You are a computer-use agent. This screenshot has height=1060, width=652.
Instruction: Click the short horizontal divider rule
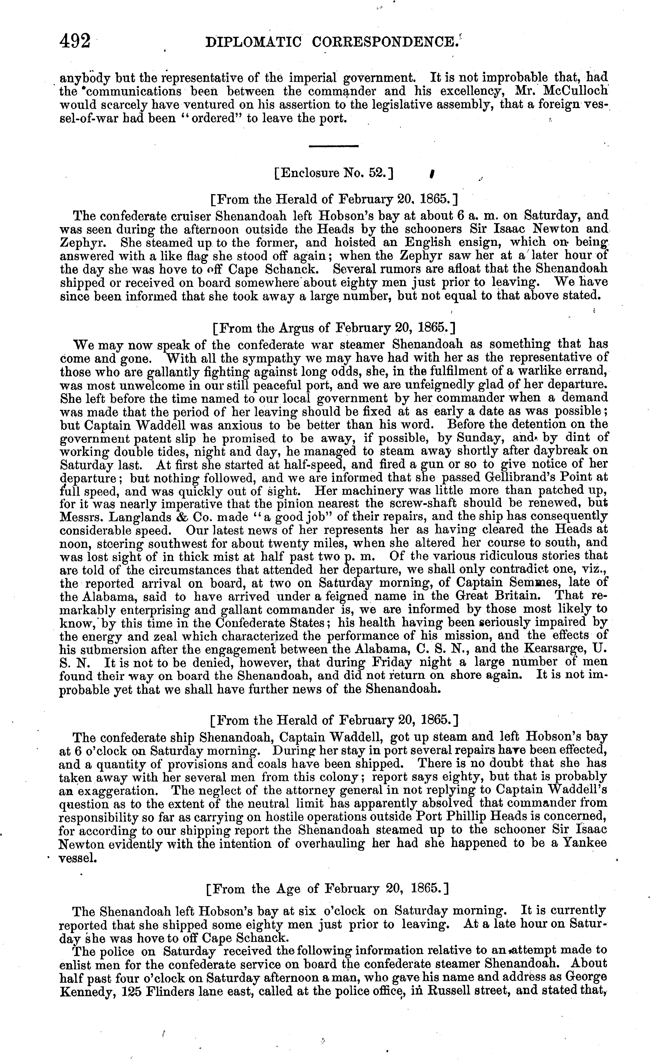334,147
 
